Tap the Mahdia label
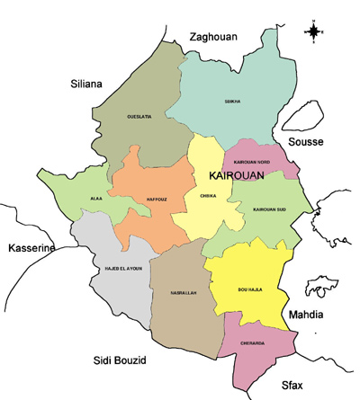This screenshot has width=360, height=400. coord(306,315)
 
